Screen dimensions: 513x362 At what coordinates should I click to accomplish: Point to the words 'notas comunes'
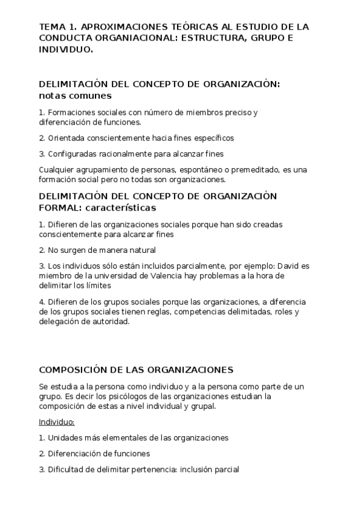(x=75, y=96)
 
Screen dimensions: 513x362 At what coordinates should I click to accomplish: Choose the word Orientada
(x=66, y=138)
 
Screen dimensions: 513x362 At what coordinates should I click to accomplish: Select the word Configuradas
(x=73, y=154)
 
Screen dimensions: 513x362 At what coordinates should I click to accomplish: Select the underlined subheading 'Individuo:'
(x=56, y=422)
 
